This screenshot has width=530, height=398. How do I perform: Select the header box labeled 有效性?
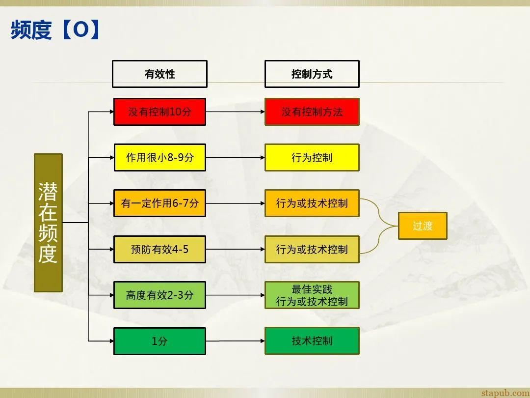(159, 74)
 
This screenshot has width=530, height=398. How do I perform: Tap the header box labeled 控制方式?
(312, 74)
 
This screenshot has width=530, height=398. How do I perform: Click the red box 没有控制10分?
(159, 112)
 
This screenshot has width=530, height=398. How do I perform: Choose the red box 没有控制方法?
(312, 112)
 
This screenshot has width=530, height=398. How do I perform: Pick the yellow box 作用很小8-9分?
(159, 157)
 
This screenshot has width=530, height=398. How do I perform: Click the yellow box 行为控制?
(312, 157)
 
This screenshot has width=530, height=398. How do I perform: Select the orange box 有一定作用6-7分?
(159, 203)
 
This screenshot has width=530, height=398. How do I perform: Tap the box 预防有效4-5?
(159, 249)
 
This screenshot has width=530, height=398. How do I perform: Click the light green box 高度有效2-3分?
(159, 295)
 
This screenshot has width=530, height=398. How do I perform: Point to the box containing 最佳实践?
(312, 295)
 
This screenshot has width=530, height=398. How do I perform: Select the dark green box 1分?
(159, 341)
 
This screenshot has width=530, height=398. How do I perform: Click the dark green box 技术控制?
(312, 341)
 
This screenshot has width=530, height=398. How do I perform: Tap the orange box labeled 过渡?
(422, 226)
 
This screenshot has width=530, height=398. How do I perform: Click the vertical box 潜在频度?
(48, 223)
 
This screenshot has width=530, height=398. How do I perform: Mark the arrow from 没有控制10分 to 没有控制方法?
(235, 112)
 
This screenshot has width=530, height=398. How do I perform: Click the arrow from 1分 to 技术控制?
(235, 341)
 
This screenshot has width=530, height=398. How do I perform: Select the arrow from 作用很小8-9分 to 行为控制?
(235, 157)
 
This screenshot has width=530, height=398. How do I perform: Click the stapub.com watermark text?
(505, 393)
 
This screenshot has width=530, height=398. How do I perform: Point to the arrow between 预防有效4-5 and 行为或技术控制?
(235, 249)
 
